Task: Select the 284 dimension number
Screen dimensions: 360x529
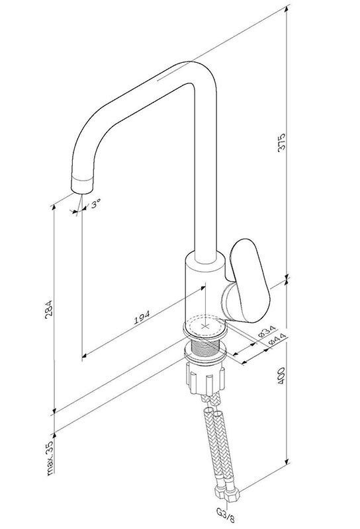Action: coord(50,308)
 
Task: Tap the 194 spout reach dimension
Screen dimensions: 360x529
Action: coord(142,318)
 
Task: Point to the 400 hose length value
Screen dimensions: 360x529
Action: coord(282,376)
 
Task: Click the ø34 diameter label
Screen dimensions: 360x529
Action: coord(267,333)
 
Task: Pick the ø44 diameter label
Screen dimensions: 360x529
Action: coord(277,339)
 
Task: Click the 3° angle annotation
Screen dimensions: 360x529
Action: coord(95,204)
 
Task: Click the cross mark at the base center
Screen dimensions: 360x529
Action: coord(205,326)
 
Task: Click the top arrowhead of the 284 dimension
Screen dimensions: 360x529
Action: coord(53,208)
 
